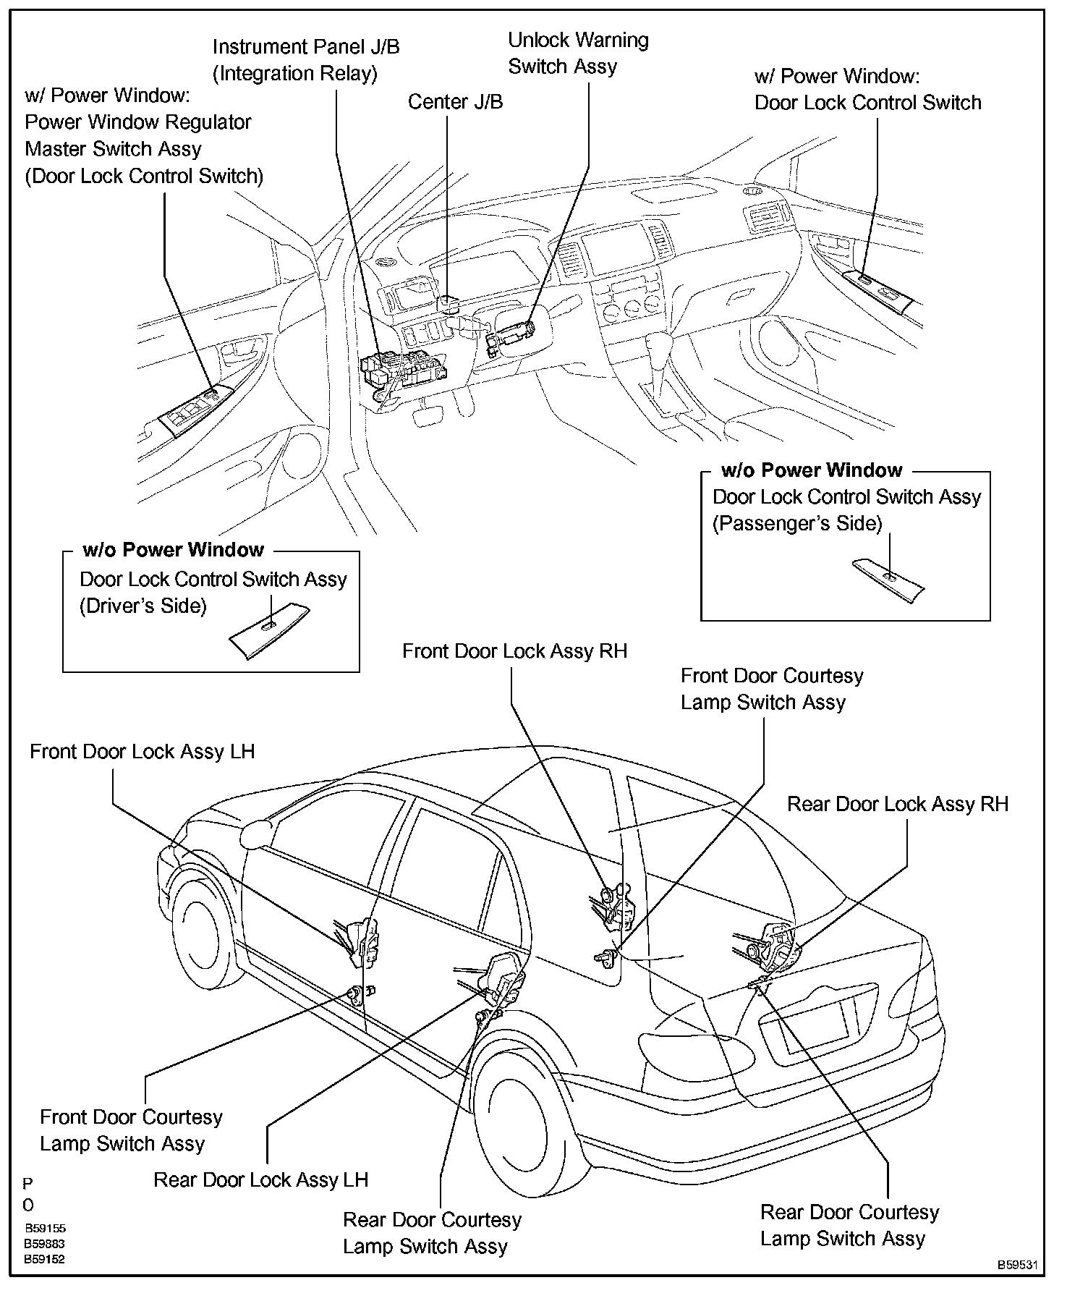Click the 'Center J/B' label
point(455,101)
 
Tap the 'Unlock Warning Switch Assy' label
point(578,53)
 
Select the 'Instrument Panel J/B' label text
point(305,47)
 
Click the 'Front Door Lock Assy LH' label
point(142,751)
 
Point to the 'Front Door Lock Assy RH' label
point(514,650)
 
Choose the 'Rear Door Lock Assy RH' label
point(897,804)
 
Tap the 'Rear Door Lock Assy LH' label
point(260,1179)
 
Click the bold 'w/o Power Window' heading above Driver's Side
point(174,550)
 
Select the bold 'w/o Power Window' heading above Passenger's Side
point(812,470)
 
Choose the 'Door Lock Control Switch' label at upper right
point(867,103)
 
